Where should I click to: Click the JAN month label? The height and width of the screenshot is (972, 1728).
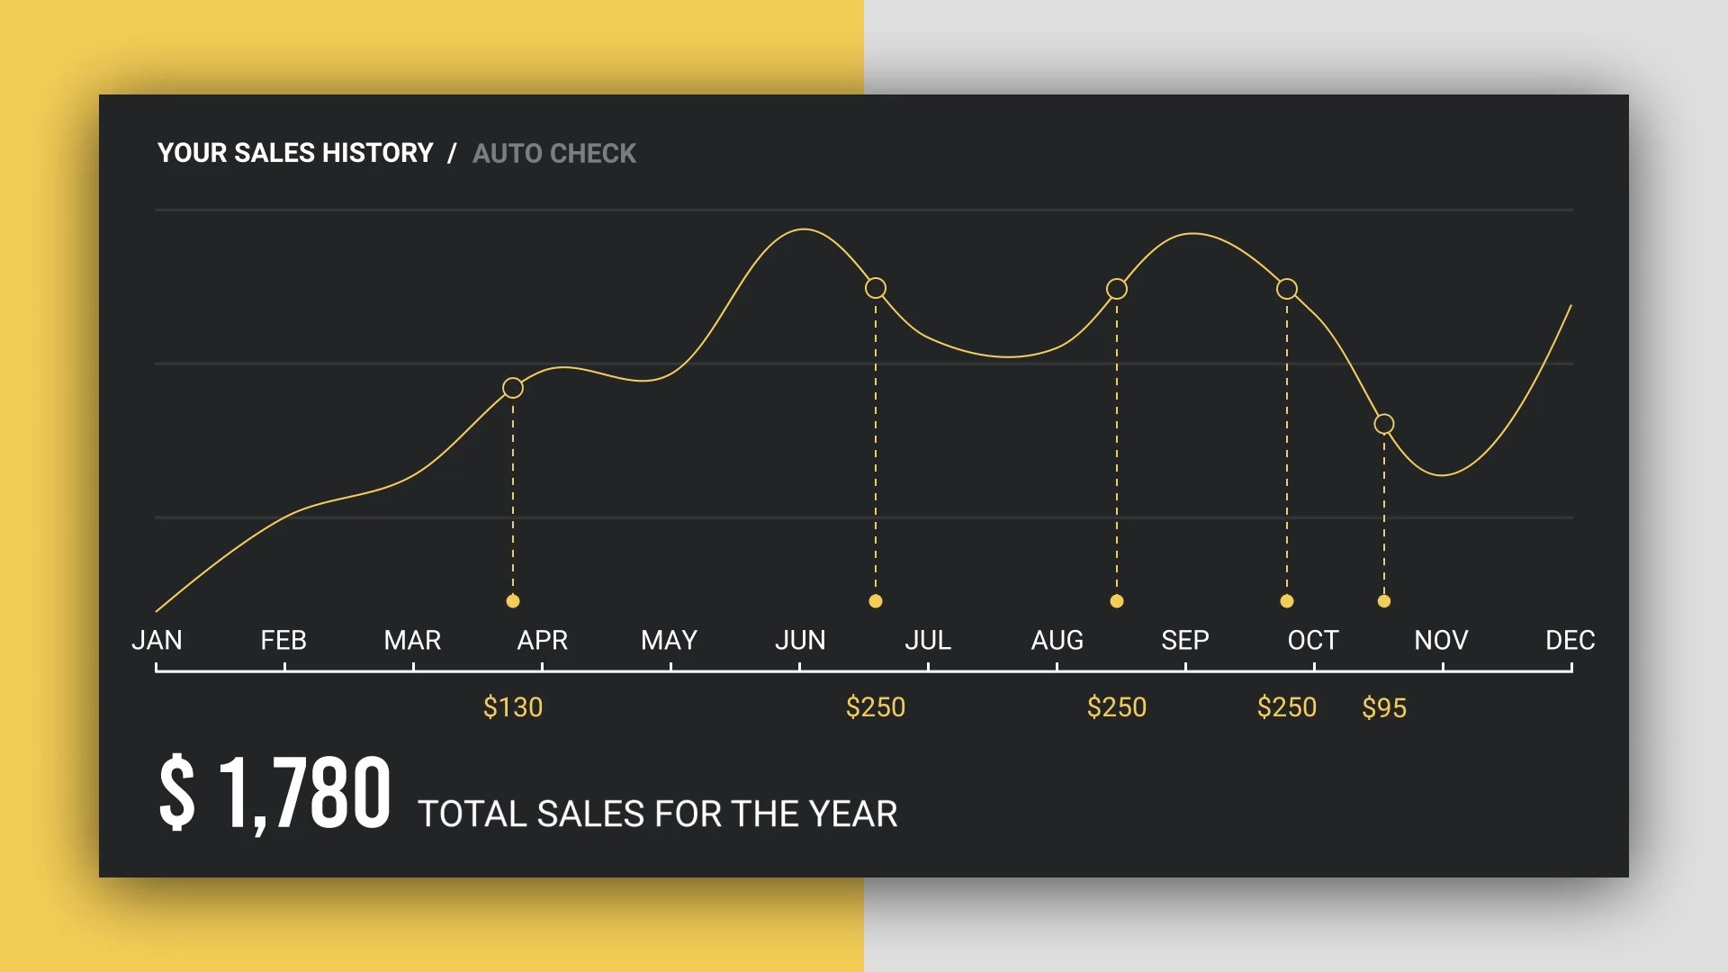click(x=157, y=640)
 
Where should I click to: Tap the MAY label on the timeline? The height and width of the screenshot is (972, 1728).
click(x=669, y=640)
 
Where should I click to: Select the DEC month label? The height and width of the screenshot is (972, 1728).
click(x=1570, y=640)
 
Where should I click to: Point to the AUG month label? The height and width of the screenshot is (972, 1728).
click(x=1057, y=640)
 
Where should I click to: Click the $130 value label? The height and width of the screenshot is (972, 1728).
click(x=513, y=707)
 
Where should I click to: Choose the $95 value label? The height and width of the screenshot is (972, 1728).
click(x=1383, y=708)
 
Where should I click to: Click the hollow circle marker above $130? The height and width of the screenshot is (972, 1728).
click(x=513, y=388)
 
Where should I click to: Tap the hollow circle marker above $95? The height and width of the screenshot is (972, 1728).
click(x=1384, y=424)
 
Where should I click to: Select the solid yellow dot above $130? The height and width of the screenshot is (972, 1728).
click(x=513, y=601)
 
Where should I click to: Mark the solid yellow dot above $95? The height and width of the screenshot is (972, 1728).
click(x=1384, y=601)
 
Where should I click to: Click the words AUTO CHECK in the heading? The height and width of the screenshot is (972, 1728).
click(x=554, y=154)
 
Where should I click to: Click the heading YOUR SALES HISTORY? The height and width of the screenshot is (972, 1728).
click(x=295, y=153)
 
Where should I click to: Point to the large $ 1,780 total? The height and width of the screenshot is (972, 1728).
click(x=274, y=793)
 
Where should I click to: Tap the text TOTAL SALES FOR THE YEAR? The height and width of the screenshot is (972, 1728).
click(x=657, y=814)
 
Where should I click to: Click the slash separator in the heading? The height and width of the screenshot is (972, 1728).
click(x=452, y=154)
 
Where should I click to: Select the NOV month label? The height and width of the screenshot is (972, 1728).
click(x=1441, y=640)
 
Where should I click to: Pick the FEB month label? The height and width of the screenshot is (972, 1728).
click(x=283, y=640)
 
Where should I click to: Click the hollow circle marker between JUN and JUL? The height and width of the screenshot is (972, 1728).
click(x=876, y=288)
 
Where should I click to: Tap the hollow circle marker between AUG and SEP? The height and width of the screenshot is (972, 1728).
click(x=1117, y=289)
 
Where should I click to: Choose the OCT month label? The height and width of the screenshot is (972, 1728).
click(x=1313, y=640)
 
